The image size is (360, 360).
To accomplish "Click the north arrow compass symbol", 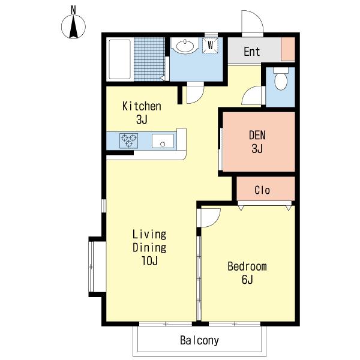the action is [x=73, y=26].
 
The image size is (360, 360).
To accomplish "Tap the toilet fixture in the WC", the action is [x=281, y=79].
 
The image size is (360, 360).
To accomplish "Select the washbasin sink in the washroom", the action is [x=185, y=46].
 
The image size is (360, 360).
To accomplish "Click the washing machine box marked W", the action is [x=210, y=45].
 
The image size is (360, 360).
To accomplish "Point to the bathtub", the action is [x=119, y=59].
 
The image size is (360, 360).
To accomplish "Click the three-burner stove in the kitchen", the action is [x=129, y=140].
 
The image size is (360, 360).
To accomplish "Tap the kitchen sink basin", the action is [x=163, y=141].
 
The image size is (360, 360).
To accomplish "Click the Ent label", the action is [x=252, y=52].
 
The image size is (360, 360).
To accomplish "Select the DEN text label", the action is [x=257, y=135].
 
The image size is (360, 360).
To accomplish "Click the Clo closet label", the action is [x=262, y=190].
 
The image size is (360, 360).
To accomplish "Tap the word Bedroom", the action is [x=247, y=266].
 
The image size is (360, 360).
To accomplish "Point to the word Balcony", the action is [x=200, y=340].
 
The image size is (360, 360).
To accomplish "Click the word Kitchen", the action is [x=142, y=106].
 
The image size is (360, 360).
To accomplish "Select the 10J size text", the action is [x=149, y=260].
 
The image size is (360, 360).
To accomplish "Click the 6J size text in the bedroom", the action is [x=247, y=280].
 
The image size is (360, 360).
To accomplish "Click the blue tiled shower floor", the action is [x=149, y=59].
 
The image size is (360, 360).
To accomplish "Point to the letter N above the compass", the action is [x=73, y=10].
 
